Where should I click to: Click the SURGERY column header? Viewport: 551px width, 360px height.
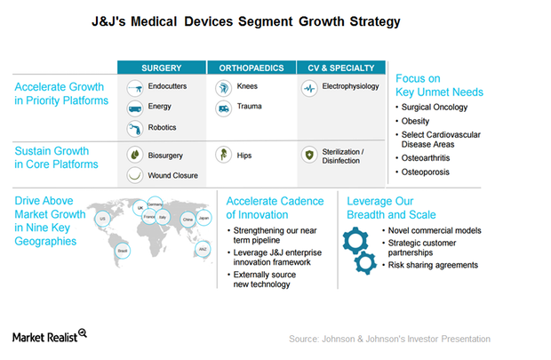[162, 68]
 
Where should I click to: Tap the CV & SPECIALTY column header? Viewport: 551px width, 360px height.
[341, 68]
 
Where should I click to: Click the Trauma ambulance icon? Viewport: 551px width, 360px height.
[223, 108]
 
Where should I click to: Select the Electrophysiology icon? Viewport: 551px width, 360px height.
[309, 89]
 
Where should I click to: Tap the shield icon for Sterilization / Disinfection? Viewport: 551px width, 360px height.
[308, 154]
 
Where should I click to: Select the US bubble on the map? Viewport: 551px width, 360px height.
[102, 218]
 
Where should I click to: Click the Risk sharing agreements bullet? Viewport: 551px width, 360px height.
[434, 265]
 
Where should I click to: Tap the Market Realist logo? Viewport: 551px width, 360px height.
[50, 335]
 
